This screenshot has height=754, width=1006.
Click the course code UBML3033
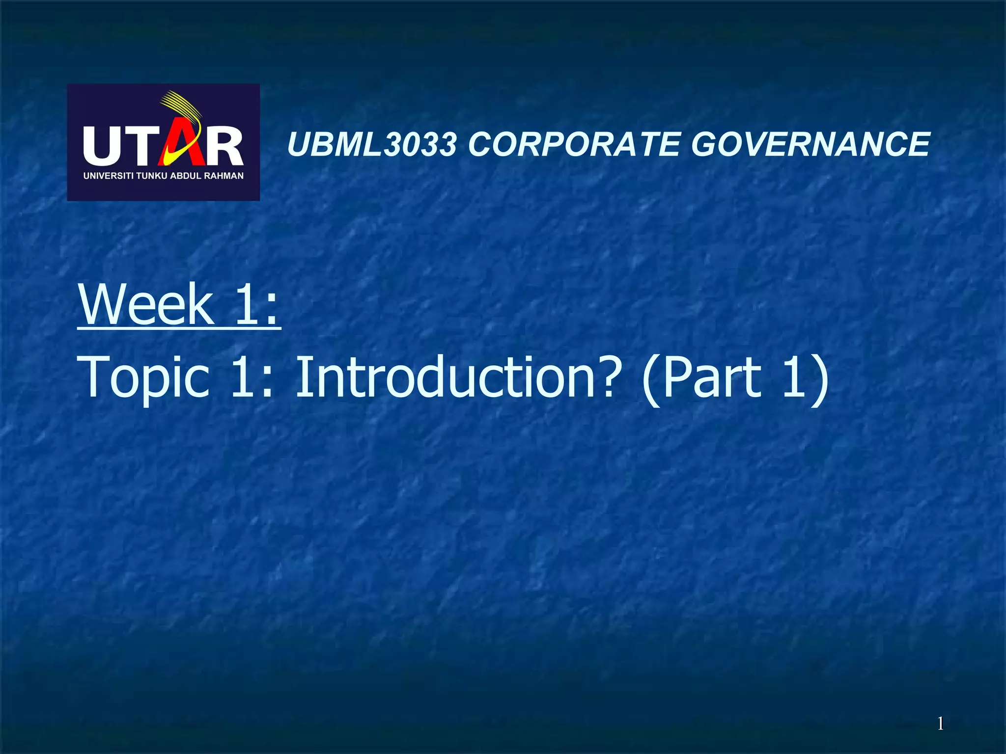click(372, 145)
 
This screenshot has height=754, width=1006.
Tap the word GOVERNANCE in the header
click(810, 145)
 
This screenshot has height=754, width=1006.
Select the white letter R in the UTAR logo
click(224, 146)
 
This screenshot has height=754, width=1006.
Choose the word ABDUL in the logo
click(186, 176)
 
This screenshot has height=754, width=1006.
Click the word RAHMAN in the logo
click(224, 176)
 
